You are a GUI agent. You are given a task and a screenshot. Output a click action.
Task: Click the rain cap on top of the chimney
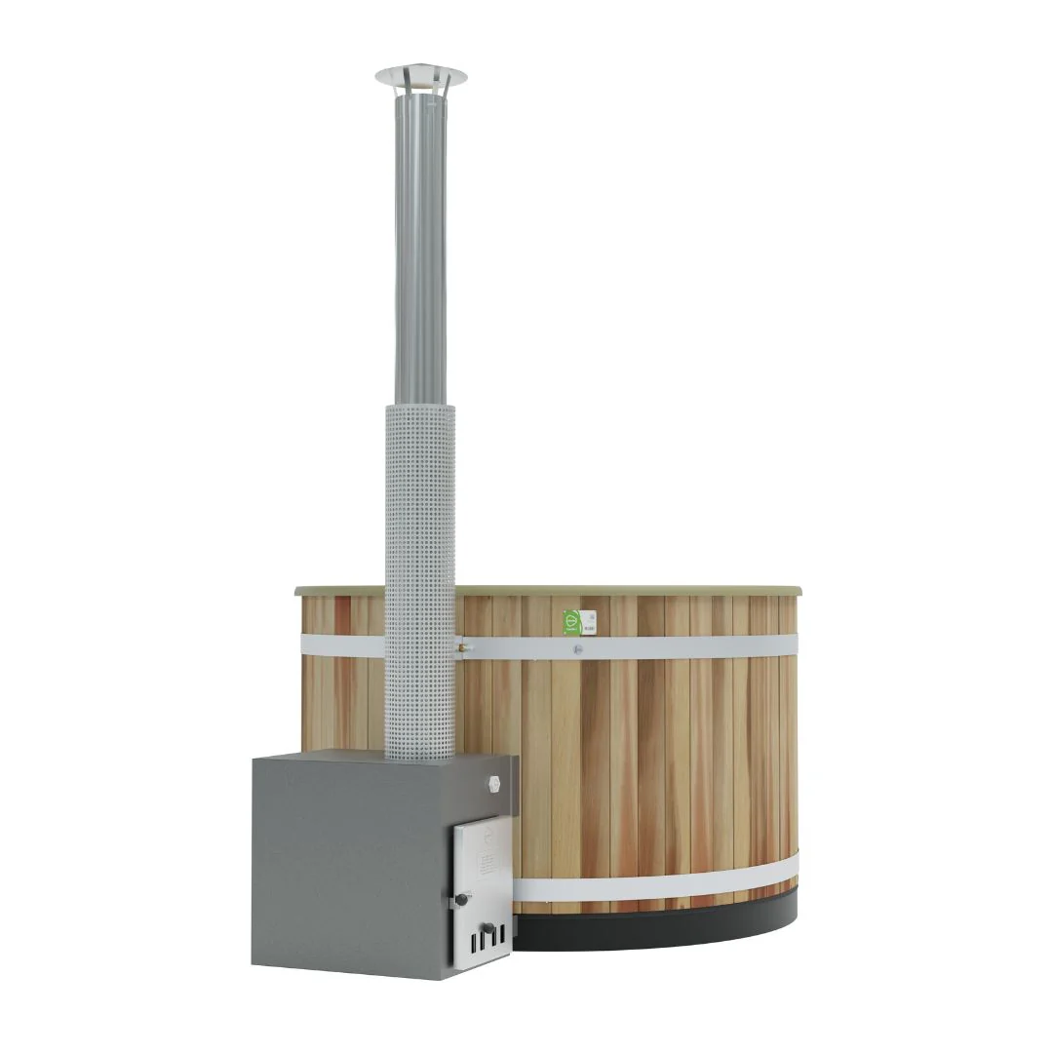click(x=420, y=75)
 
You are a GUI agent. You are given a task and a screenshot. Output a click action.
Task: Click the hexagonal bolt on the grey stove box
click(x=491, y=783)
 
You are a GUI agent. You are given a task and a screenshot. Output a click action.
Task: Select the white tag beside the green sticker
click(x=589, y=623)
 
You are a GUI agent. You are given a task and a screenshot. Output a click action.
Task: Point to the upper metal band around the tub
click(x=682, y=645)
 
